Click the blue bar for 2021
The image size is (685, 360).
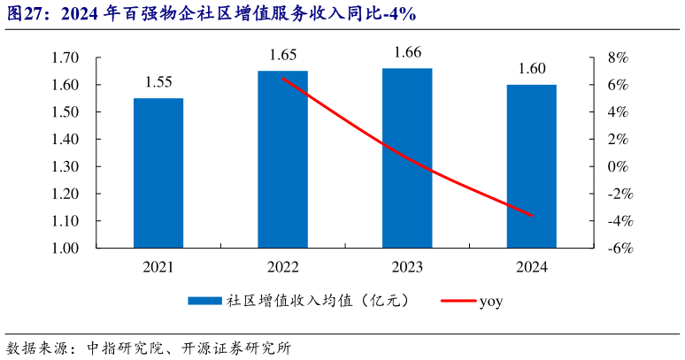(x=158, y=172)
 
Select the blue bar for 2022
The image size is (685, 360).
(x=282, y=159)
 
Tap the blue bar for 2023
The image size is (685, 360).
(x=407, y=157)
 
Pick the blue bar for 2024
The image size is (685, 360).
(x=531, y=166)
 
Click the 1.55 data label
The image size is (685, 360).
(x=158, y=83)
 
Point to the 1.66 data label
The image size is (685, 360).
(x=407, y=52)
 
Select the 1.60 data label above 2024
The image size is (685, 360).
(x=531, y=69)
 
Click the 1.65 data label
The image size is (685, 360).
(x=282, y=55)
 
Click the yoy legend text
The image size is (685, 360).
(x=491, y=302)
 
